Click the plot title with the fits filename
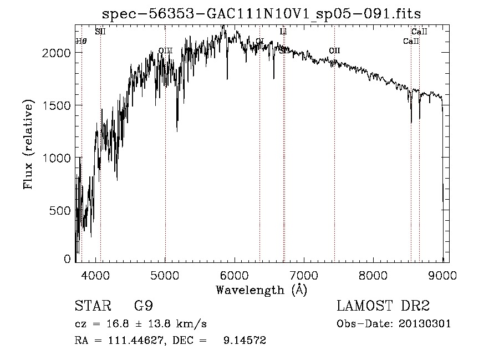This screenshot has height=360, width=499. pos(266,13)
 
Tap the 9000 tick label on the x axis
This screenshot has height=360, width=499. pos(442,274)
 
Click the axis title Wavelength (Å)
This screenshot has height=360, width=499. pos(261,290)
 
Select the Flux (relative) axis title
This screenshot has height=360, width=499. pos(28,145)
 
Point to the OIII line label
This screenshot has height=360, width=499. pos(165,50)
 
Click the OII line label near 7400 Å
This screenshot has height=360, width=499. pos(334,50)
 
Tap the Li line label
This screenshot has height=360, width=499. pos(283,32)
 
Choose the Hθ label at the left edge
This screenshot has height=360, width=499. pos(81,41)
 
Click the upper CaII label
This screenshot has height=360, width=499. pos(419,32)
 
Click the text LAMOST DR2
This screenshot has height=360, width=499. pos(383,306)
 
